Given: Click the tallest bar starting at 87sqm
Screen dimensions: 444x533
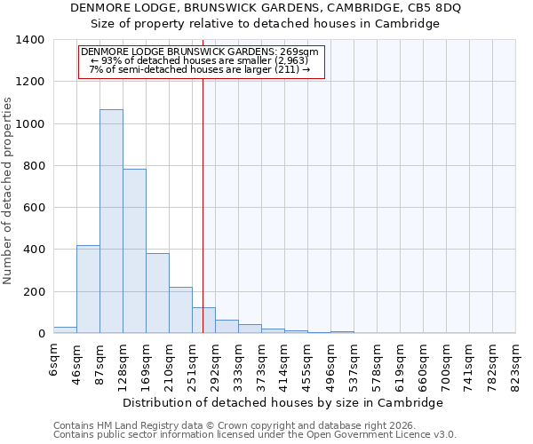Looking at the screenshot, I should (111, 222).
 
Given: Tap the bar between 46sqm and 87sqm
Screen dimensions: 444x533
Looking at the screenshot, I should (88, 289).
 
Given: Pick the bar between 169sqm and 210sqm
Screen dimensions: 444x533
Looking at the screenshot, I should (157, 293).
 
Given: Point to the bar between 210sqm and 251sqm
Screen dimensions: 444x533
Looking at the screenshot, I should (180, 310).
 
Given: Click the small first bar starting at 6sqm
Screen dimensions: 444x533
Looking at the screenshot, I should (65, 329).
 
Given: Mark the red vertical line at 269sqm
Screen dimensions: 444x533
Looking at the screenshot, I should (203, 204).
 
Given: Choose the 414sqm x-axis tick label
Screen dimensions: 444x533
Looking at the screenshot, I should (284, 363).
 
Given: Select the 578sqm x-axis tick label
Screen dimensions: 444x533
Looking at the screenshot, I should (377, 363).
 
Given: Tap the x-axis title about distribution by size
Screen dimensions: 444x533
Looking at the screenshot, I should (282, 403).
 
